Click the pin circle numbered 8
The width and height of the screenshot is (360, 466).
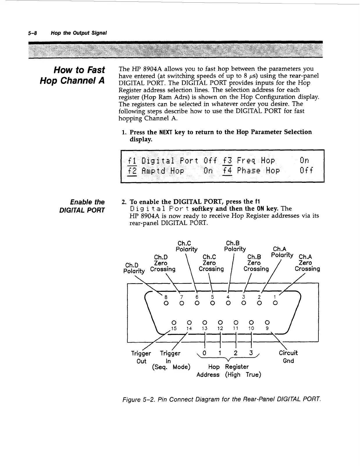(x=166, y=304)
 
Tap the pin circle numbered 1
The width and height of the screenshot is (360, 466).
(x=275, y=304)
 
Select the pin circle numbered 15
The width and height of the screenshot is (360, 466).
(x=174, y=322)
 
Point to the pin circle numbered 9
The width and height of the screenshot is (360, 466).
(x=268, y=322)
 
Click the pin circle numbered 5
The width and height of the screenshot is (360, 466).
(x=213, y=304)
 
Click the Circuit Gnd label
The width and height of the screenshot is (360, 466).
(x=288, y=357)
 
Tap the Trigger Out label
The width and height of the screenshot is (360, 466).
(x=141, y=357)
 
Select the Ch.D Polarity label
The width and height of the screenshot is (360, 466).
(x=134, y=268)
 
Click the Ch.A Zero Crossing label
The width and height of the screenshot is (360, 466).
(x=307, y=263)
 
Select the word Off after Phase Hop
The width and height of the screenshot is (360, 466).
(x=306, y=171)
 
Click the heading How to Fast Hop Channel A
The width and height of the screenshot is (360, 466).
(x=72, y=75)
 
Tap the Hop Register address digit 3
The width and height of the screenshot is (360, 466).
(x=251, y=353)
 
